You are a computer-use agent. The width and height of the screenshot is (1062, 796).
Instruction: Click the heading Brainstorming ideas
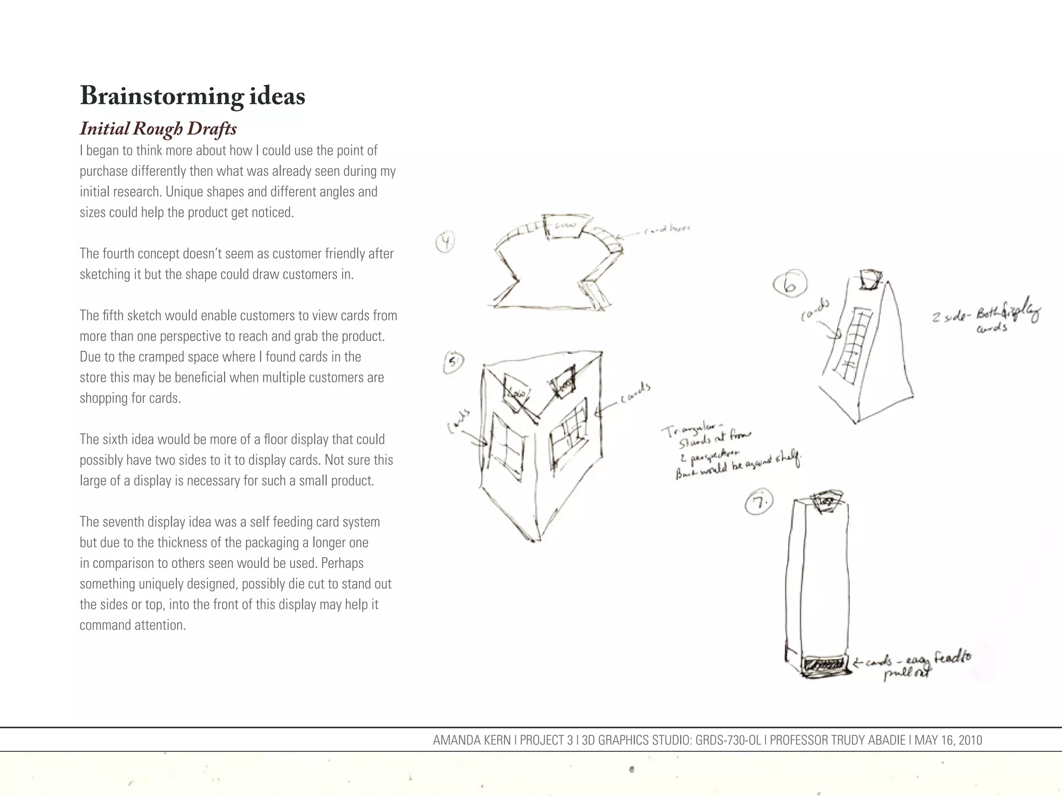tap(192, 96)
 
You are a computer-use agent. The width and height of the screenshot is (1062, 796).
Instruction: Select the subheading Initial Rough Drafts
tap(158, 129)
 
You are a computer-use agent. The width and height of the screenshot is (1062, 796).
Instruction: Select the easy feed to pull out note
tap(913, 665)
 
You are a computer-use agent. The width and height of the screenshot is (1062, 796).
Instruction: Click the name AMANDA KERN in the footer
tap(471, 740)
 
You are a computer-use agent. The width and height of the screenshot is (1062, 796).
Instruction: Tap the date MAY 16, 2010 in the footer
tap(948, 740)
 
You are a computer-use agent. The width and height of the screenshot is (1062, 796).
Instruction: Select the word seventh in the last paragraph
tap(125, 522)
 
